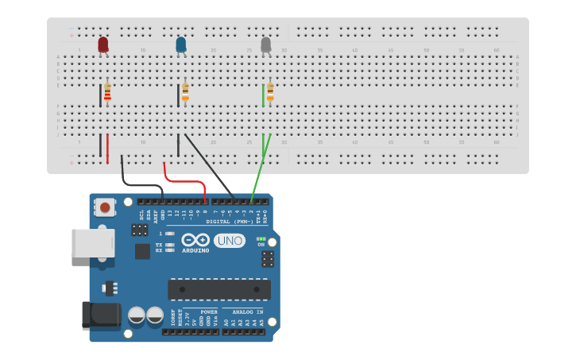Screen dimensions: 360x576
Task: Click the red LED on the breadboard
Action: pyautogui.click(x=102, y=45)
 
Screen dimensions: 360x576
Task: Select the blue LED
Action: pyautogui.click(x=181, y=45)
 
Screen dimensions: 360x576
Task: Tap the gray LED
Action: pyautogui.click(x=265, y=45)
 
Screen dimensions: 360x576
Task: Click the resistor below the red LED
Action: pyautogui.click(x=107, y=94)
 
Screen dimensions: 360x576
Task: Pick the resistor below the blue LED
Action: pyautogui.click(x=185, y=94)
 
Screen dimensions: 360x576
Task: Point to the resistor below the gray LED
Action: pyautogui.click(x=270, y=94)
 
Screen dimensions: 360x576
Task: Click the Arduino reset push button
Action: pyautogui.click(x=103, y=207)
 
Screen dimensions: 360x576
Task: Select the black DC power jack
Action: pyautogui.click(x=100, y=315)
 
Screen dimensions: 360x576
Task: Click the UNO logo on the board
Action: pyautogui.click(x=229, y=240)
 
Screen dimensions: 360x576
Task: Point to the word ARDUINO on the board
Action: pyautogui.click(x=195, y=250)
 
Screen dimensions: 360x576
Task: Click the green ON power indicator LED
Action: pyautogui.click(x=261, y=238)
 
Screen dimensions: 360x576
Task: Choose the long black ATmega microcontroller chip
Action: pyautogui.click(x=218, y=288)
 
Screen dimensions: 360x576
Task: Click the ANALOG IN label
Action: pyautogui.click(x=243, y=312)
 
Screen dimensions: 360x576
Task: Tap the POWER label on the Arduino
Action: pyautogui.click(x=209, y=312)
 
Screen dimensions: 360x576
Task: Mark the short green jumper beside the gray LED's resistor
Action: pyautogui.click(x=263, y=95)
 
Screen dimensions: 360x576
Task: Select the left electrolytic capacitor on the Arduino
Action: pyautogui.click(x=137, y=315)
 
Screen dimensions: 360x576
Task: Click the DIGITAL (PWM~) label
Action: pyautogui.click(x=228, y=222)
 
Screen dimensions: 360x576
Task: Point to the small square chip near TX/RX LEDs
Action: pyautogui.click(x=142, y=251)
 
